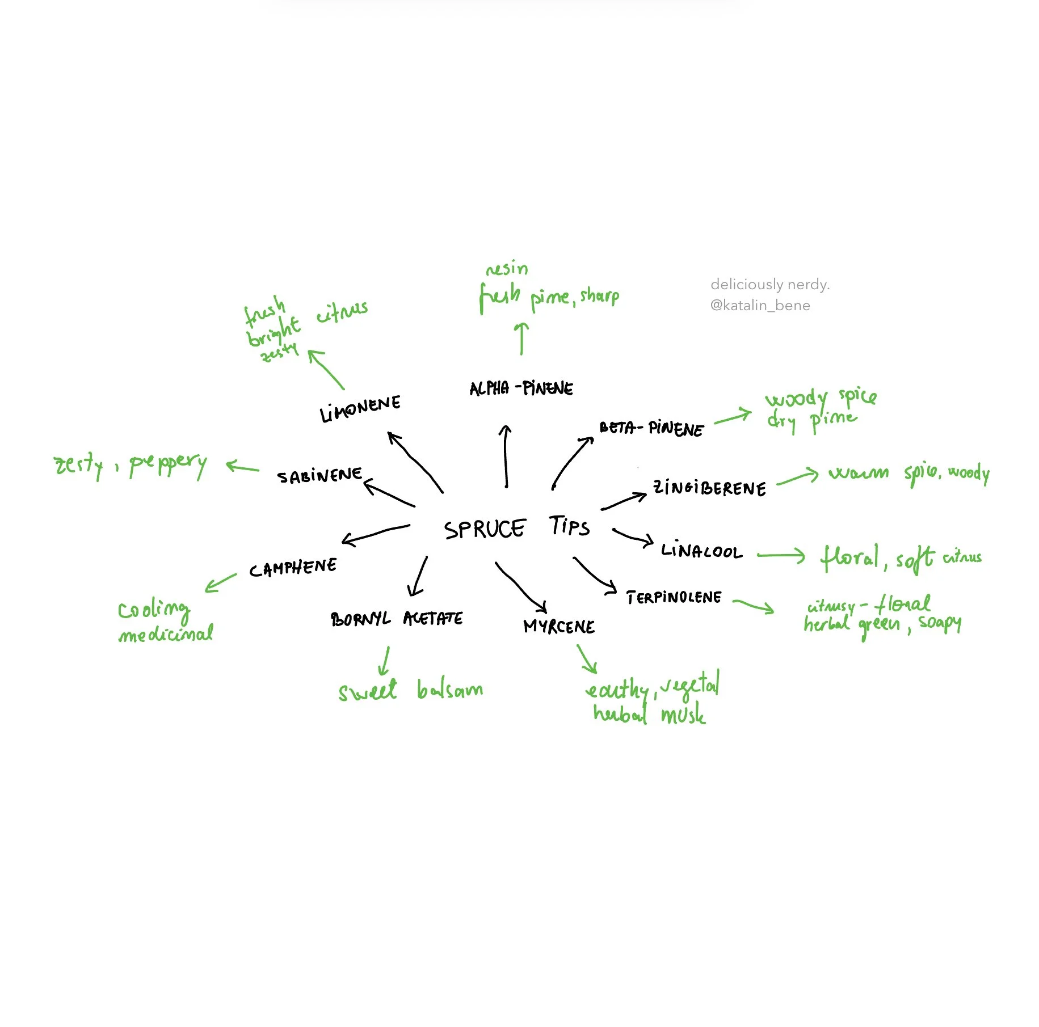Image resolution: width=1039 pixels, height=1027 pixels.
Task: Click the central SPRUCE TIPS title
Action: pos(516,527)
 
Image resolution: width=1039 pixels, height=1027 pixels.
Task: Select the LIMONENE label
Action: pos(360,408)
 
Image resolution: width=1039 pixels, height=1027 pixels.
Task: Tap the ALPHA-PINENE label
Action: pos(521,388)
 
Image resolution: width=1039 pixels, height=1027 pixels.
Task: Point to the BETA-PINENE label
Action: pos(651,428)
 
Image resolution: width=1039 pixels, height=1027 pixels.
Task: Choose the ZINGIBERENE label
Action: pos(709,488)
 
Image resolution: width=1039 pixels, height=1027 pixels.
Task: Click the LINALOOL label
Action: pos(701,551)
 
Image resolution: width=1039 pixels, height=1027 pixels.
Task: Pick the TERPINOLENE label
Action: pos(674,597)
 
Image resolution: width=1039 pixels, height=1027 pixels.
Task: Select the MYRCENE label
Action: pos(559,626)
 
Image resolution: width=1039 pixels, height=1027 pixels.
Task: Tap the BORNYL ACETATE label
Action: pos(397,618)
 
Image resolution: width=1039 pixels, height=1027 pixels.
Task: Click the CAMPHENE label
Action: pos(293,567)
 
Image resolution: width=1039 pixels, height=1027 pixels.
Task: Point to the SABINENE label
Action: pos(319,475)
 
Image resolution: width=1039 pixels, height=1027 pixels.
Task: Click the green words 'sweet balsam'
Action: pos(410,690)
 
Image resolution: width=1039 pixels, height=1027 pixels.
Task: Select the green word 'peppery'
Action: pos(168,465)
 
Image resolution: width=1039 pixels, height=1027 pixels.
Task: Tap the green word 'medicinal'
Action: pos(166,633)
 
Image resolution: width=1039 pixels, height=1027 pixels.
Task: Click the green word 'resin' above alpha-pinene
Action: pos(507,268)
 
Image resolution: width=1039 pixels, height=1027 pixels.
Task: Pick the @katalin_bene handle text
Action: pos(760,306)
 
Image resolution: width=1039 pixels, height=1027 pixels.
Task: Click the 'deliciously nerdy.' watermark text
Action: pos(769,284)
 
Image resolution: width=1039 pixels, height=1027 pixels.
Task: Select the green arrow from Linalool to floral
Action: pos(781,555)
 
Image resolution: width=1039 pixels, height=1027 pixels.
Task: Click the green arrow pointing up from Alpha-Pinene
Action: pos(521,339)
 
